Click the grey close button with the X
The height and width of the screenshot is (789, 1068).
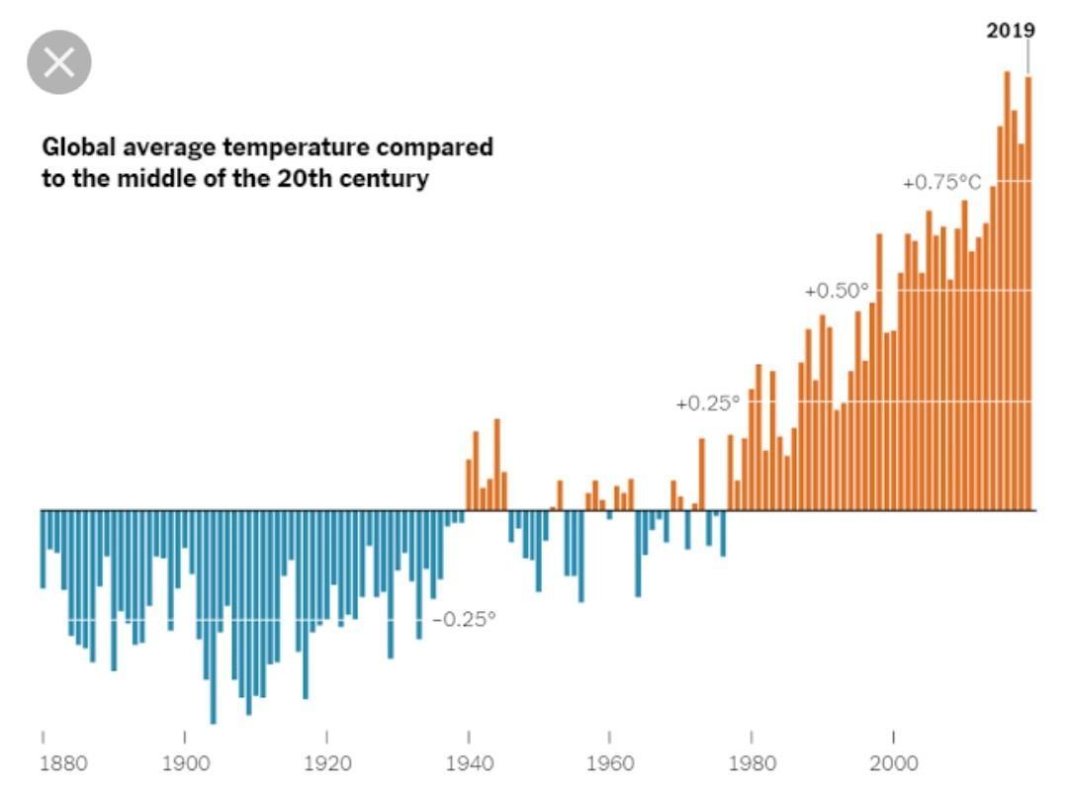tap(59, 62)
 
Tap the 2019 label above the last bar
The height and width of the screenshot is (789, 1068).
tap(1011, 31)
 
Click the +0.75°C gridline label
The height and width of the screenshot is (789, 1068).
tap(941, 183)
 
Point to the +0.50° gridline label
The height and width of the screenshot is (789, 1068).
tap(837, 291)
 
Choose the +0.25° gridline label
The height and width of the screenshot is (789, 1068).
tap(707, 403)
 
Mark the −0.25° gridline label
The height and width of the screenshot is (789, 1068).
tap(464, 619)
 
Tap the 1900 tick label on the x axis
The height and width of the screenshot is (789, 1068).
tap(185, 763)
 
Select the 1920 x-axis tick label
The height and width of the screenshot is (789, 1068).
tap(326, 763)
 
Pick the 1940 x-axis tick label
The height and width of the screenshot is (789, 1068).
tap(468, 763)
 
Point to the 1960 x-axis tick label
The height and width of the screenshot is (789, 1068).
tap(609, 763)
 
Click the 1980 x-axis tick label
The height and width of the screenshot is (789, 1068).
tap(752, 763)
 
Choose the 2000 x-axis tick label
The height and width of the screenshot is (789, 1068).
tap(893, 763)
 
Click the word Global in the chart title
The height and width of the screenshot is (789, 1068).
tap(78, 148)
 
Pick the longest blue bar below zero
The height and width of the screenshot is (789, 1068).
tap(213, 617)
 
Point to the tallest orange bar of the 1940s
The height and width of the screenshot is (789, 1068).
tap(496, 465)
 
